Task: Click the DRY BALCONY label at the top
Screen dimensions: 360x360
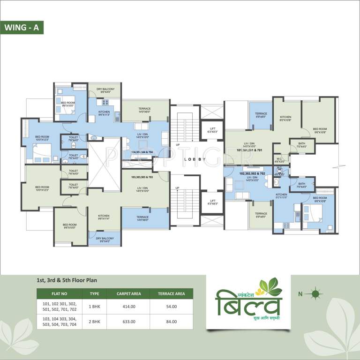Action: (105, 90)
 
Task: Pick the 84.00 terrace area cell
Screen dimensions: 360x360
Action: (171, 322)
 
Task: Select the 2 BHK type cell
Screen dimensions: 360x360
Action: (95, 322)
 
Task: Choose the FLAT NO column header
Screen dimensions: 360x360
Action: (60, 294)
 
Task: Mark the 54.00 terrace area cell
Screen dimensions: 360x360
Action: (171, 307)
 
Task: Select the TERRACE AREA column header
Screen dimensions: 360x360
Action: (171, 294)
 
